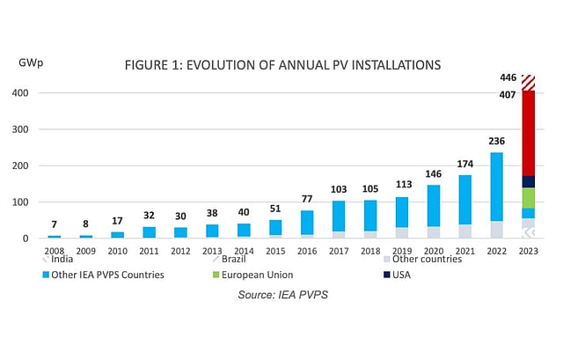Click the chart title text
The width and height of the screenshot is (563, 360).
[282, 65]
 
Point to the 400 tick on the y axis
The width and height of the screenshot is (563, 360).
[19, 93]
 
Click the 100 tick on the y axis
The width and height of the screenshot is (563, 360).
[19, 202]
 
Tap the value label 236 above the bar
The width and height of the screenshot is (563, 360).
[496, 142]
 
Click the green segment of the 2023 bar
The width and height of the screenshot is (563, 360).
[529, 197]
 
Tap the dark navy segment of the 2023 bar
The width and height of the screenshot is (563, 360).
[529, 181]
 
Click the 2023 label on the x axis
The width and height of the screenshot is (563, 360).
[529, 250]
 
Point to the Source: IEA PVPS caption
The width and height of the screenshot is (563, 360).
[282, 294]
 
